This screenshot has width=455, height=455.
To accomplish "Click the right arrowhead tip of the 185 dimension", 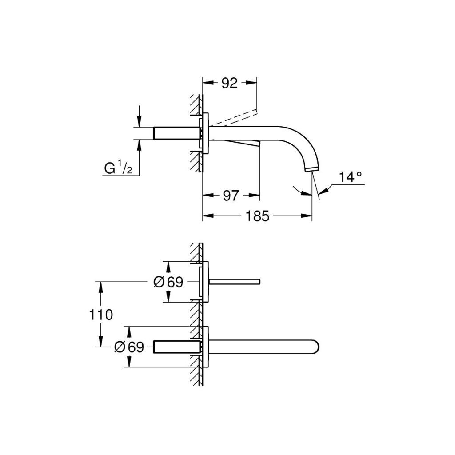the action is point(312,216).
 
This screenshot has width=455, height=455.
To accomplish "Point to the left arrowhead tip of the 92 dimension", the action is point(203,82).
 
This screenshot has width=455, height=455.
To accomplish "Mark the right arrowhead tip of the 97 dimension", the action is point(259,196).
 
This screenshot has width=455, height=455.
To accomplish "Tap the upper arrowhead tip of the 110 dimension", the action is point(101,281).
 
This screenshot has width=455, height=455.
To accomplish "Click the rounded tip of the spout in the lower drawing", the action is point(319,347).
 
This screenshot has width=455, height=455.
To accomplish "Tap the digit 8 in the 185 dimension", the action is point(257,216).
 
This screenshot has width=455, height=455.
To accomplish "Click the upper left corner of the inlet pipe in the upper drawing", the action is point(153,127).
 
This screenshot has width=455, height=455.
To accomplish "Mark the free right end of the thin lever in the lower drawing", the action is point(260,281).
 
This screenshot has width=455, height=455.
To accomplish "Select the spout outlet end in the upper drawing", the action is point(311,169).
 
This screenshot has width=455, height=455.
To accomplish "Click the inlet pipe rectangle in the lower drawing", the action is point(176,347).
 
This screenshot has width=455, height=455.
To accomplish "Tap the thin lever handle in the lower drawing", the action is point(234,281).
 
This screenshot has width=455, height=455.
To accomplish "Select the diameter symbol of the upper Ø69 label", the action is point(159,282).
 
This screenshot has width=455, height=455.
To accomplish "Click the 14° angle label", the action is point(351,177).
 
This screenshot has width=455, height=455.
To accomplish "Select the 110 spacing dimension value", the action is point(101,315).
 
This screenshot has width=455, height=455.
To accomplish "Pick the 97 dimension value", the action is point(231,196).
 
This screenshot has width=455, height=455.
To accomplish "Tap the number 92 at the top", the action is point(230,83).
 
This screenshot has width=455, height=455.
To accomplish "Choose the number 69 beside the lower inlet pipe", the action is point(136,347).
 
